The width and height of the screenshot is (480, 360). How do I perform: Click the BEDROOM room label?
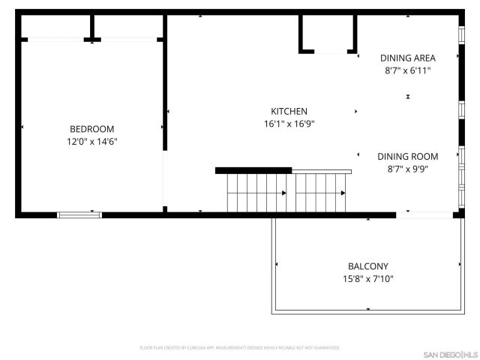pyautogui.click(x=92, y=128)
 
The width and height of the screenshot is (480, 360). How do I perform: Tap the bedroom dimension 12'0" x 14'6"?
pyautogui.click(x=92, y=141)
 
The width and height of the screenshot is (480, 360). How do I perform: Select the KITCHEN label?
pyautogui.click(x=285, y=111)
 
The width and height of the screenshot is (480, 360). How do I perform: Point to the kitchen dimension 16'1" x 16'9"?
pyautogui.click(x=288, y=124)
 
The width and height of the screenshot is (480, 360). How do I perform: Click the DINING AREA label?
pyautogui.click(x=407, y=58)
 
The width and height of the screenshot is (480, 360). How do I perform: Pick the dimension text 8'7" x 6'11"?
pyautogui.click(x=407, y=70)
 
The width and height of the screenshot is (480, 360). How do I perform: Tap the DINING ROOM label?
pyautogui.click(x=407, y=156)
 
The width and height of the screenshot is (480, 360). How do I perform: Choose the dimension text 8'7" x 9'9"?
pyautogui.click(x=407, y=169)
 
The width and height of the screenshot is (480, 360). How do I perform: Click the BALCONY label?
pyautogui.click(x=367, y=266)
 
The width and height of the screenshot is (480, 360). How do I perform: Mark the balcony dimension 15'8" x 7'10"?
pyautogui.click(x=367, y=279)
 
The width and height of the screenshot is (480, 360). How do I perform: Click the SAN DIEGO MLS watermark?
pyautogui.click(x=448, y=353)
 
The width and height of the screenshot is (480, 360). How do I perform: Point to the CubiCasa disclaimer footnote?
pyautogui.click(x=240, y=348)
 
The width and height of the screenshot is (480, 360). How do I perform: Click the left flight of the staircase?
pyautogui.click(x=257, y=193)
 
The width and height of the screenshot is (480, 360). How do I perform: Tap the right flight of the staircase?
pyautogui.click(x=320, y=193)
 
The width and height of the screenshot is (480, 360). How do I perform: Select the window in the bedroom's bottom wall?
pyautogui.click(x=79, y=215)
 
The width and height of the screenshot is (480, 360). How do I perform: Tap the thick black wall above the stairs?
pyautogui.click(x=253, y=171)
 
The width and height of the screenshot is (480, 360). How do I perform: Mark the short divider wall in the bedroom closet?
pyautogui.click(x=93, y=28)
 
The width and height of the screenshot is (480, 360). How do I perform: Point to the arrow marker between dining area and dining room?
pyautogui.click(x=408, y=97)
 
